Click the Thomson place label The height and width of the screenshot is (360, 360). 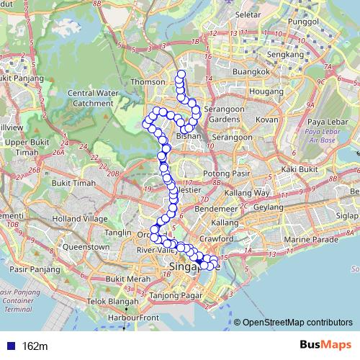point(148,82)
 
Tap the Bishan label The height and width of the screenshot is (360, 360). point(189,135)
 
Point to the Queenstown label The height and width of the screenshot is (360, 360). point(86,247)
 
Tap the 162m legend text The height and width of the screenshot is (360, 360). point(35,346)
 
